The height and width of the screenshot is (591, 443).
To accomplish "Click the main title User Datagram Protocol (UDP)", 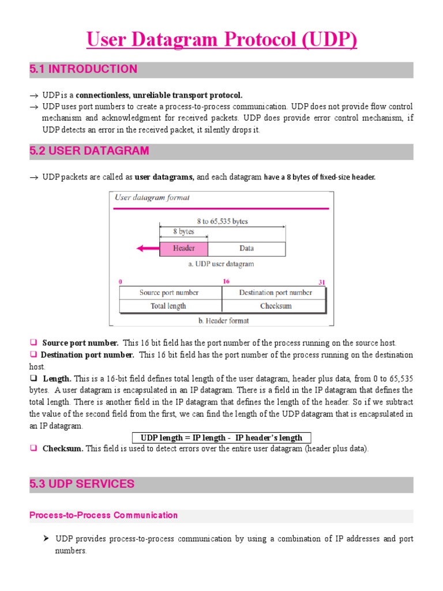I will (x=221, y=40).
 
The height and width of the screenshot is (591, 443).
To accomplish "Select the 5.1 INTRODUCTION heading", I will (x=84, y=69).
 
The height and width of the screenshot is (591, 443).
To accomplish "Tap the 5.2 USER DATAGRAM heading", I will (x=89, y=151).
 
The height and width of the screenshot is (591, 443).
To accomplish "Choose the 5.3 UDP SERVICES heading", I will (x=82, y=484).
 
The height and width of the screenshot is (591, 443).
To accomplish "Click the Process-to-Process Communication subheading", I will (x=103, y=515).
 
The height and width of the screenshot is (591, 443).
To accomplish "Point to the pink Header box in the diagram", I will (x=183, y=249).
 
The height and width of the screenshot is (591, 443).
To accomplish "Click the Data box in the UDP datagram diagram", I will (x=246, y=249).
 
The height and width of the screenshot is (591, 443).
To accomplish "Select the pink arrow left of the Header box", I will (x=147, y=249).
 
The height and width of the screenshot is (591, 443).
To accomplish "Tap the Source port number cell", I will (x=169, y=293).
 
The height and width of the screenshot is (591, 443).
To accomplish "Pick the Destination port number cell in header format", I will (x=275, y=293).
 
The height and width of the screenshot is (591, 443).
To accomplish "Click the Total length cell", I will (x=169, y=306).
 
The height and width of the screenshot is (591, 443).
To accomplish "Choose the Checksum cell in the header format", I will (x=275, y=306).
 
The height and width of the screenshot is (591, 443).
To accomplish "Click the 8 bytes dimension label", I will (x=183, y=231).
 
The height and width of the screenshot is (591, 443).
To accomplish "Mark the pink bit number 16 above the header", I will (x=226, y=281).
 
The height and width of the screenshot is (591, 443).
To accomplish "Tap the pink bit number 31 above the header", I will (x=322, y=282).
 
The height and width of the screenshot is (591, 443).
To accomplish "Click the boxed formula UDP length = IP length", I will (x=221, y=437).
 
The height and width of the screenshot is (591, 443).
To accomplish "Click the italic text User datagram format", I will (x=152, y=197).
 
